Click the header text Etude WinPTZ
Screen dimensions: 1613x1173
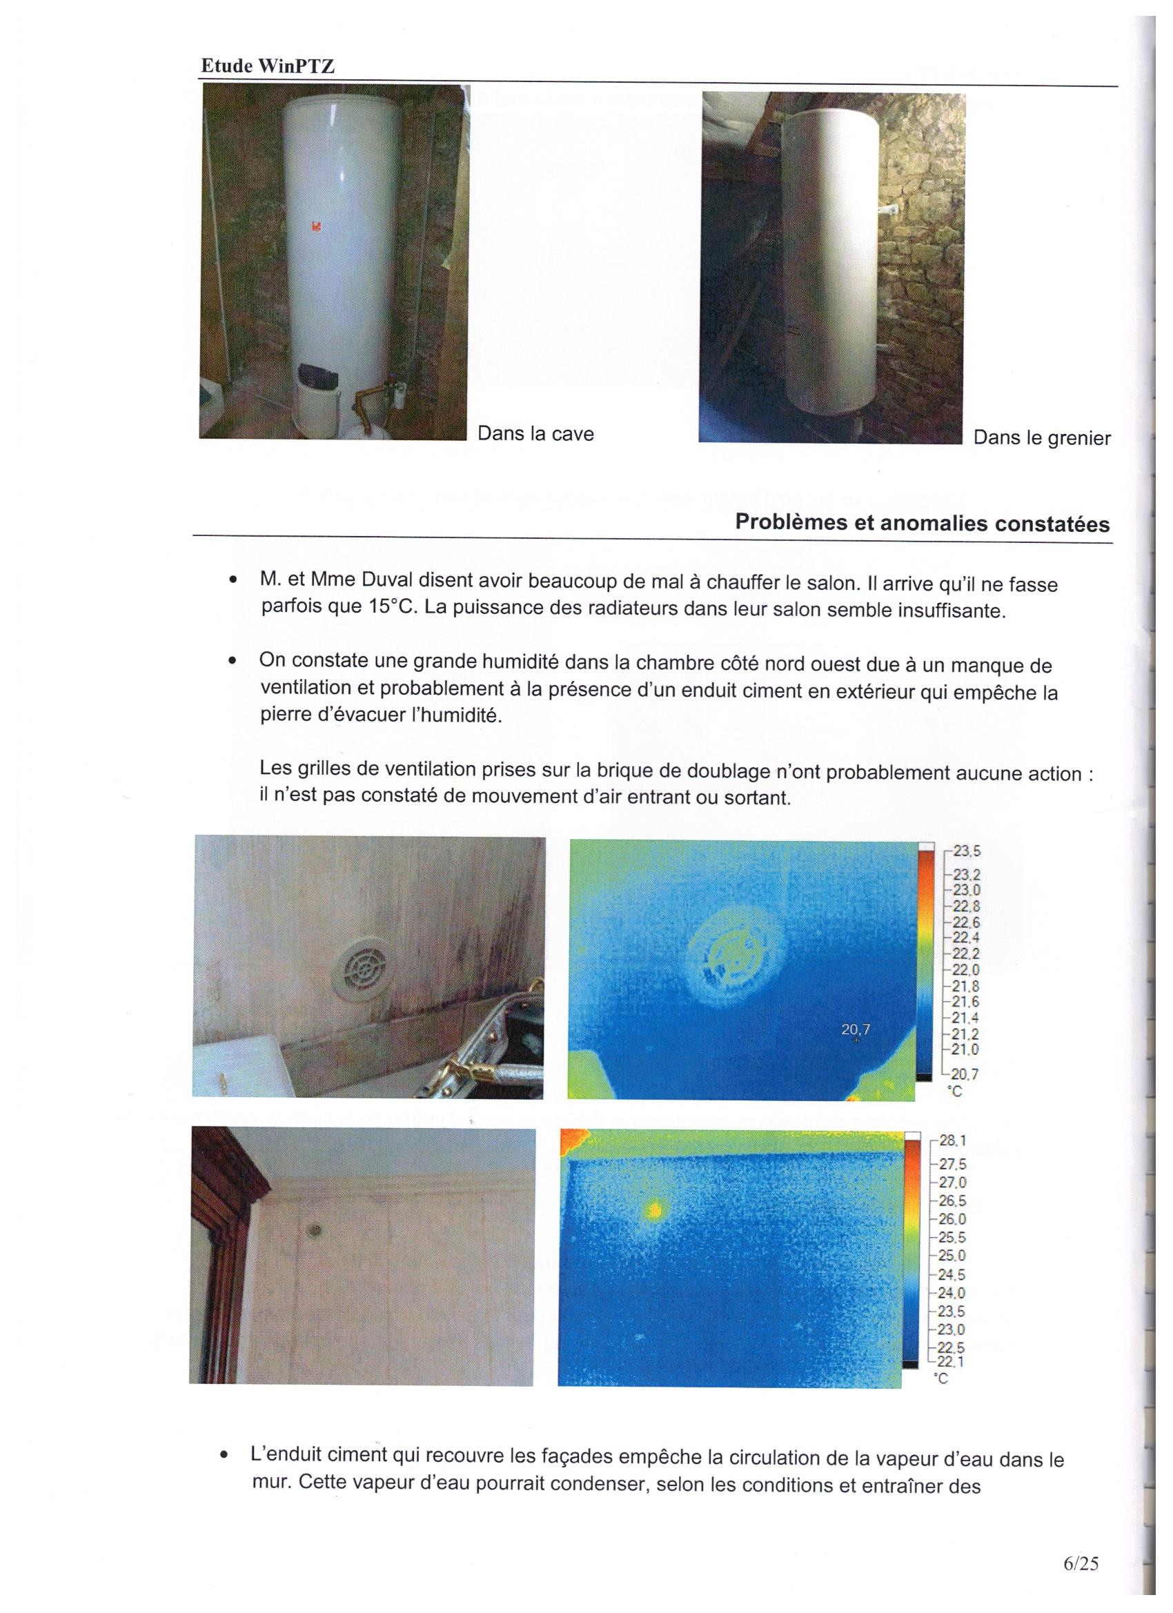pos(267,66)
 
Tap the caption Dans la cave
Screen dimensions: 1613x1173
pos(535,433)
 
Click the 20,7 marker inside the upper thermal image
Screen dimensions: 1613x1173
pos(855,1029)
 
